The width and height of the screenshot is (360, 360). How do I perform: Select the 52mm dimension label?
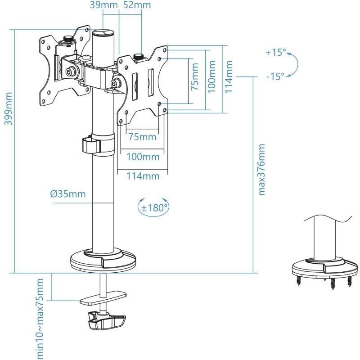pyautogui.click(x=137, y=5)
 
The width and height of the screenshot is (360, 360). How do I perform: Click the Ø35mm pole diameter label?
pyautogui.click(x=67, y=194)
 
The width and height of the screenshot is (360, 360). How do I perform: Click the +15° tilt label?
pyautogui.click(x=275, y=53)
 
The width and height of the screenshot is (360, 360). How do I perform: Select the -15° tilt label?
pyautogui.click(x=275, y=76)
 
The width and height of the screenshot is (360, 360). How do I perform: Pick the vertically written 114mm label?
pyautogui.click(x=229, y=77)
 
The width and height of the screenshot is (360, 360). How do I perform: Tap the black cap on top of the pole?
pyautogui.click(x=104, y=33)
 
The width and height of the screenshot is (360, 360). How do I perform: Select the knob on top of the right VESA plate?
pyautogui.click(x=138, y=57)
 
